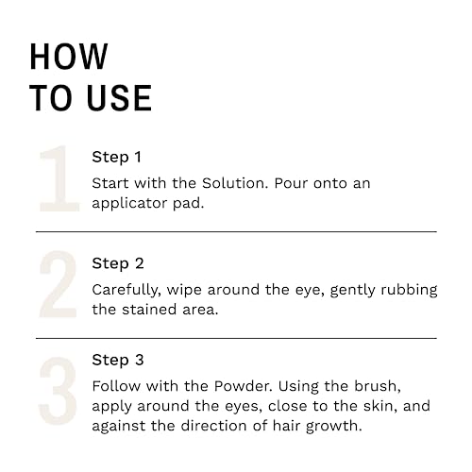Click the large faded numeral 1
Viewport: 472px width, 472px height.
(x=55, y=179)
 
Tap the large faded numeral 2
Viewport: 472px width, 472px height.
(x=57, y=286)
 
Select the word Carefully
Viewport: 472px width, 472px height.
(x=127, y=290)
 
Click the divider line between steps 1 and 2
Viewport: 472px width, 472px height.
(x=236, y=231)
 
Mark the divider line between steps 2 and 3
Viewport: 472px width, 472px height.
(x=236, y=338)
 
